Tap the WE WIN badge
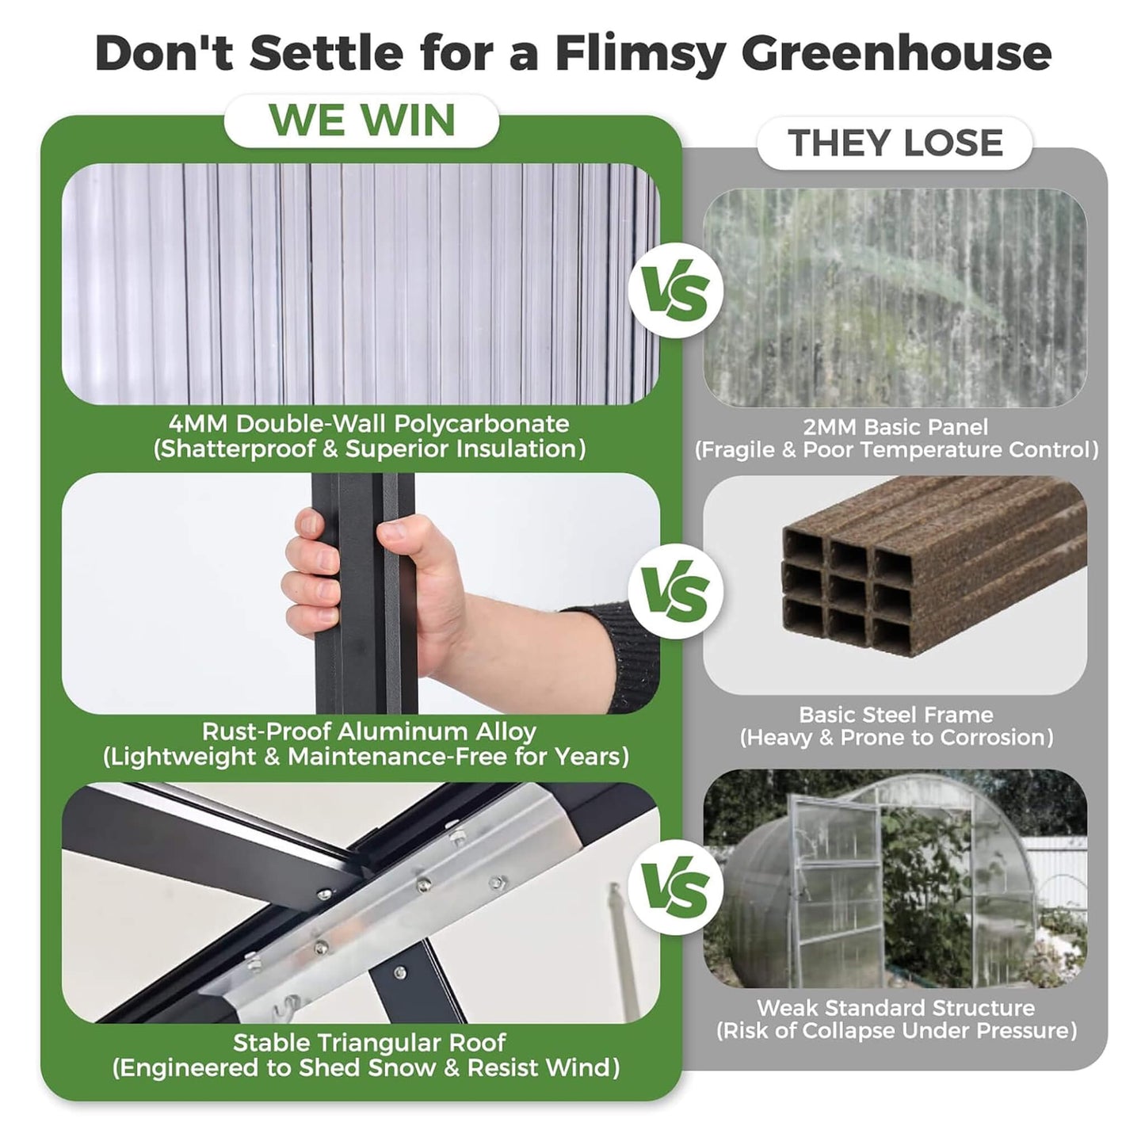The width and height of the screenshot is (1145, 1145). click(x=362, y=120)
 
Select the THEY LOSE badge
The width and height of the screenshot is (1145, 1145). click(x=895, y=143)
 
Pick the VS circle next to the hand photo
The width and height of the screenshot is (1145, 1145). click(x=675, y=591)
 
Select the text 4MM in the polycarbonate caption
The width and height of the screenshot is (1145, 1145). click(x=198, y=424)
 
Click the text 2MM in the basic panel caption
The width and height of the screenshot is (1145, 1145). click(x=829, y=428)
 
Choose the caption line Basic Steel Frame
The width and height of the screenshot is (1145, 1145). click(x=895, y=715)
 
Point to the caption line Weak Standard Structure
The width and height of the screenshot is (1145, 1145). click(x=895, y=1008)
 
